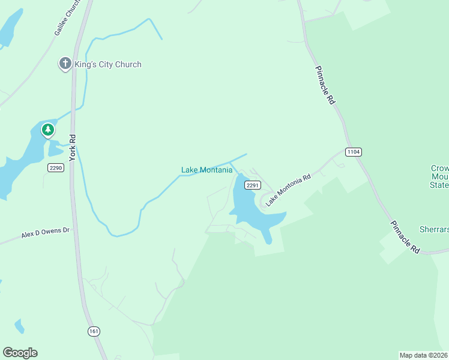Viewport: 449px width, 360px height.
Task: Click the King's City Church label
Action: click(x=109, y=64)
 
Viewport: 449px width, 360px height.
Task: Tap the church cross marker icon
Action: click(x=65, y=63)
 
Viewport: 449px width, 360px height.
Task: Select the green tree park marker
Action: click(x=47, y=129)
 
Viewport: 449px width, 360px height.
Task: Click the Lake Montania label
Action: click(x=206, y=170)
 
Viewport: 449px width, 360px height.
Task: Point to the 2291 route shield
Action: click(x=253, y=185)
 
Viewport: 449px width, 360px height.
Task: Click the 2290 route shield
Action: click(x=56, y=168)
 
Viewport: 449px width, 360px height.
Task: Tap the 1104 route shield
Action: click(x=354, y=152)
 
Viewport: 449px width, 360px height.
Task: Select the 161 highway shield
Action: click(x=93, y=331)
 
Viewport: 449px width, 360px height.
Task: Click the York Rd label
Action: click(x=72, y=148)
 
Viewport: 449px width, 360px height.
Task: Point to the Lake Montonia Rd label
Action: click(x=289, y=189)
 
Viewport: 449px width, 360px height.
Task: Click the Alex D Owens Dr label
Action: click(x=46, y=233)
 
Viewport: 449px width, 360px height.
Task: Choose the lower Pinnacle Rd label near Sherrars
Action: click(x=405, y=237)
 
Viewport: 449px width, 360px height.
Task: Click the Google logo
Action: click(x=20, y=353)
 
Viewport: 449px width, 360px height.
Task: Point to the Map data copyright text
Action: click(x=424, y=355)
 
